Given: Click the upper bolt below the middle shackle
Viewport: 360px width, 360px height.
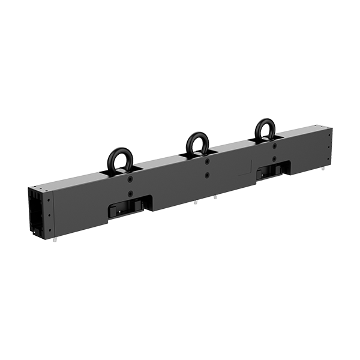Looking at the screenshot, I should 206,161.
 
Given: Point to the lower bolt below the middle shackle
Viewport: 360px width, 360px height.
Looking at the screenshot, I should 206,175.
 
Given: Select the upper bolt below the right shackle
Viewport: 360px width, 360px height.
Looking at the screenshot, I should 274,147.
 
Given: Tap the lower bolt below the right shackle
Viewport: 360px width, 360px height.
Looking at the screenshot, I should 274,160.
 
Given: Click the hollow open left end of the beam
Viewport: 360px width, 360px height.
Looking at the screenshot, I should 37,217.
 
